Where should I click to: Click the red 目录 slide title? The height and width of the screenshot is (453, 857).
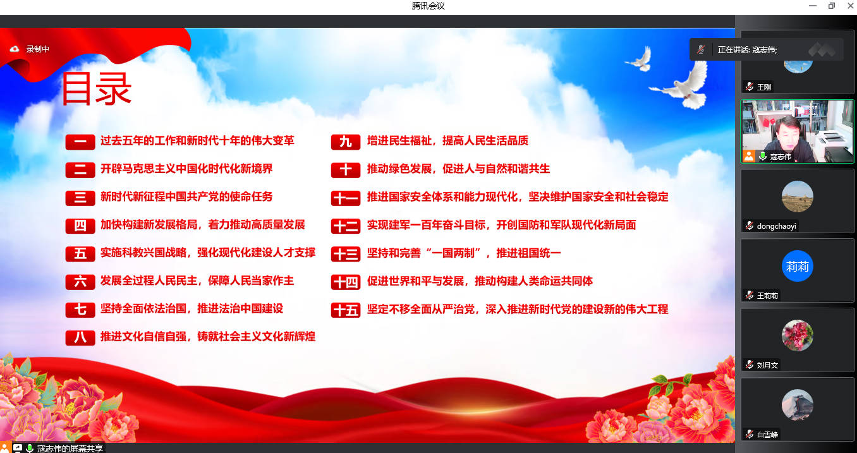point(97,88)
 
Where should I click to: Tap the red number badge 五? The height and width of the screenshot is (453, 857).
point(80,253)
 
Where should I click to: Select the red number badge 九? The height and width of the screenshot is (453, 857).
point(346,142)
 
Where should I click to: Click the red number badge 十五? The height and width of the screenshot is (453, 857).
point(346,310)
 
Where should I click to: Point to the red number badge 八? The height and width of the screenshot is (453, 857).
point(80,338)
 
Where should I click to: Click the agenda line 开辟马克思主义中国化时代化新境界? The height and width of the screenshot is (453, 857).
point(186,169)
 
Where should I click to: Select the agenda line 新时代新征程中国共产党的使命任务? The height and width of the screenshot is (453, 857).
point(186,196)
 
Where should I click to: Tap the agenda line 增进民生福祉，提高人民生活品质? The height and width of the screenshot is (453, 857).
point(447,141)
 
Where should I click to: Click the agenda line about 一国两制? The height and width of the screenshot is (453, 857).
point(464,253)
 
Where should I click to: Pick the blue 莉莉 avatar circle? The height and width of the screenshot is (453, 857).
point(798,266)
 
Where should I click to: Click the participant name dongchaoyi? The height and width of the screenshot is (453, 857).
point(776,226)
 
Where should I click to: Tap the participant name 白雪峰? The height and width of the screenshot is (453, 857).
point(767,435)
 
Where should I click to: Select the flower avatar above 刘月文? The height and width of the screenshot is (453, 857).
point(798,335)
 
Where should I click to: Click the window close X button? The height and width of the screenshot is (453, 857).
point(850,6)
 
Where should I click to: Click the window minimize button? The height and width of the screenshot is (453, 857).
point(813,6)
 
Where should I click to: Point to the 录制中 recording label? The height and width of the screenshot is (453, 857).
point(37,49)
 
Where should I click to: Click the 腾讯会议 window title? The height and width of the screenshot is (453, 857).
point(428,6)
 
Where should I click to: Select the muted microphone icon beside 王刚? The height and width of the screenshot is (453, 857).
point(749,87)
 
